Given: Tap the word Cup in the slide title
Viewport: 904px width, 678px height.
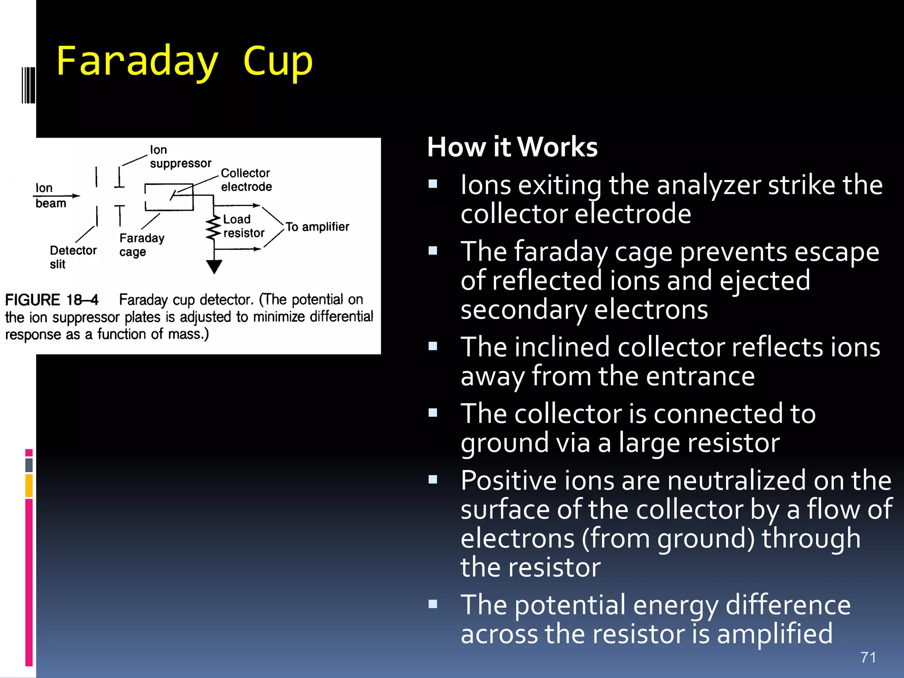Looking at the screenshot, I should click(278, 62).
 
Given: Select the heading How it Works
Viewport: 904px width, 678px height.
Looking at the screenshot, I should click(512, 147).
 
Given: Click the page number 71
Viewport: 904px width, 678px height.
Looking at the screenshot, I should click(868, 657).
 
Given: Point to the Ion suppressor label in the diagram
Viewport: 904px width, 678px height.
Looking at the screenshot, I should click(180, 157).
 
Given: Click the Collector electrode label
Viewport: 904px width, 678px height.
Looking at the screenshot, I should click(246, 180).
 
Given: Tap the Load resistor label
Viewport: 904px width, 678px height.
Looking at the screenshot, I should click(243, 226).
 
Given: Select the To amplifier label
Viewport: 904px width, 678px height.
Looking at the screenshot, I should click(317, 227).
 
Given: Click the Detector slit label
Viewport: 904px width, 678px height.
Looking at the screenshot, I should click(72, 257).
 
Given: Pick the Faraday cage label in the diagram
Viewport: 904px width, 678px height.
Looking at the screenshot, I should click(141, 245).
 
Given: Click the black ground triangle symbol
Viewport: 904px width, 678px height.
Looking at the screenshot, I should click(214, 266).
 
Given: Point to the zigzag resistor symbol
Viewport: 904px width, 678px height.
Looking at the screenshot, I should click(213, 229).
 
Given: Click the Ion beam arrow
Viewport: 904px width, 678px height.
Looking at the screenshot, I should click(56, 196).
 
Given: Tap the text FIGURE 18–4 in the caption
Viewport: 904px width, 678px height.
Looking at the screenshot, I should click(52, 300).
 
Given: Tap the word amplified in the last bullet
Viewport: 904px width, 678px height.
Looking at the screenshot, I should click(774, 634).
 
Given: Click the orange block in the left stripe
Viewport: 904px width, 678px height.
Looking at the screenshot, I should click(29, 486).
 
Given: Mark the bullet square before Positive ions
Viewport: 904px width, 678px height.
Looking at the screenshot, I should click(433, 479).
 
